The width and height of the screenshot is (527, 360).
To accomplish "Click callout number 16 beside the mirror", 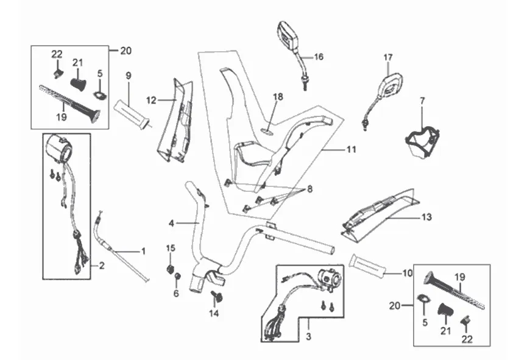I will (319, 57).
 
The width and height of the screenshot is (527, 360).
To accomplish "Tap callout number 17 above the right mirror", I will (388, 57).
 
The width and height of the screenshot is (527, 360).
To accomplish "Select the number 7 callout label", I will (422, 99).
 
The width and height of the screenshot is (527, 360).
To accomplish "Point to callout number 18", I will (278, 97).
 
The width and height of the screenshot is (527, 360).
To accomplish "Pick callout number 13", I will (426, 217).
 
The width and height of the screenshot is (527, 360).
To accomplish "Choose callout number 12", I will (152, 99).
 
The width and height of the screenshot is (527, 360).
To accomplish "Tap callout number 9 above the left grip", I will (129, 76).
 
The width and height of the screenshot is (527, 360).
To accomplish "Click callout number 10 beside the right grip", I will (407, 273).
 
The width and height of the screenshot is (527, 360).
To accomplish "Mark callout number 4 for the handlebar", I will (172, 224).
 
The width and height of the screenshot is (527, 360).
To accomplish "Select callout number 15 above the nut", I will (171, 247).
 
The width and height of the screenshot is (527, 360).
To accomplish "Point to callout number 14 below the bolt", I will (214, 314).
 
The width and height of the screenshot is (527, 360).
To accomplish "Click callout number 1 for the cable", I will (144, 250).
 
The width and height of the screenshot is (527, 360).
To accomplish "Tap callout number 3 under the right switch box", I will (309, 336).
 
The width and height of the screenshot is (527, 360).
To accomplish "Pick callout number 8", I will (310, 189).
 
